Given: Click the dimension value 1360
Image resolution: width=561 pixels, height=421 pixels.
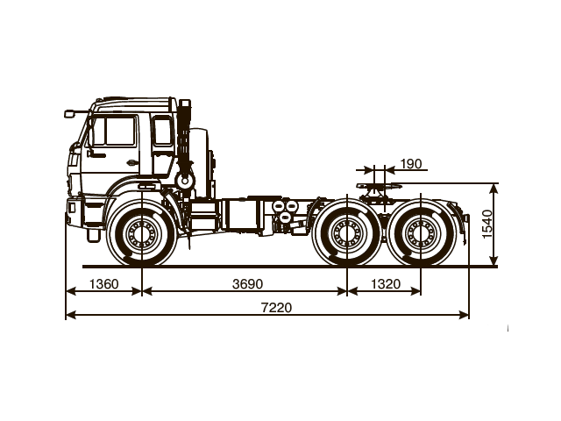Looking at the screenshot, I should click(103, 284).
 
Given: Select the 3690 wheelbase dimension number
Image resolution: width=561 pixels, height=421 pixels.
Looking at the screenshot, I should click(247, 284).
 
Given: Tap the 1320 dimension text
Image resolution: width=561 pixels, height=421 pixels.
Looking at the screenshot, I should click(385, 284).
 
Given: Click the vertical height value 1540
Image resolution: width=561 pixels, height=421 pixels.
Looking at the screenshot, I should click(487, 225).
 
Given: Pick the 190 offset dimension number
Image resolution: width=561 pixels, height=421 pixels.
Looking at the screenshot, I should click(409, 164).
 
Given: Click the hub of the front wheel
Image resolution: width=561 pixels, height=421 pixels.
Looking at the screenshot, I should click(141, 234).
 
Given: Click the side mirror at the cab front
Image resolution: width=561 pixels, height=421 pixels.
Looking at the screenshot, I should click(69, 113).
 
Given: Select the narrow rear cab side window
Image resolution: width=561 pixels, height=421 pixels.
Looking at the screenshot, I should click(162, 132).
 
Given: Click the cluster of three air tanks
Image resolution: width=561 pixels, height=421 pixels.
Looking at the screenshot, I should click(283, 213).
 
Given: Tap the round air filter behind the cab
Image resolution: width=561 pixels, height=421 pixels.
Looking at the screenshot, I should click(184, 179).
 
